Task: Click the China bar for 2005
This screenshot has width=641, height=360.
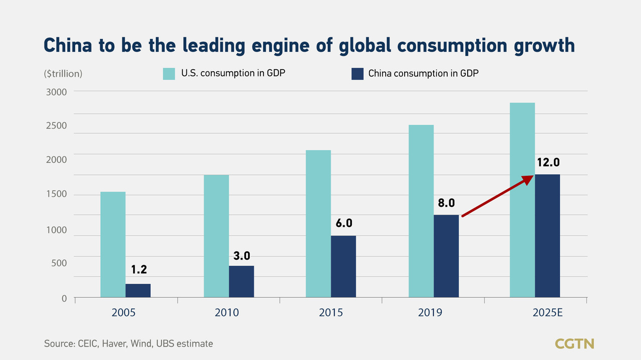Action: [138, 291]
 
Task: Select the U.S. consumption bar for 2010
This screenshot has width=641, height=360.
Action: [216, 236]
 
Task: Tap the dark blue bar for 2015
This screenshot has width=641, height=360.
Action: [344, 266]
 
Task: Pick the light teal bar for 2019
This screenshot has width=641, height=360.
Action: [421, 211]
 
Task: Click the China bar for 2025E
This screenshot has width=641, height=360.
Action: [547, 236]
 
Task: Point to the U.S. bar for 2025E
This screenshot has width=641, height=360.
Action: [522, 200]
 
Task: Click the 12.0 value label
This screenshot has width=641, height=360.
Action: [548, 162]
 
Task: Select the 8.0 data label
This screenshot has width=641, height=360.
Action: [446, 203]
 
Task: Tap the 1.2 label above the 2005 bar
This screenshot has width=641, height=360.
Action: [139, 270]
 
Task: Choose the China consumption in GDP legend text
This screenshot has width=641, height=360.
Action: [424, 74]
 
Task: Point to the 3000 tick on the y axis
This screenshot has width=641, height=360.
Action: [57, 92]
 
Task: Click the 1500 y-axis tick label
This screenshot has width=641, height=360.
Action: [57, 194]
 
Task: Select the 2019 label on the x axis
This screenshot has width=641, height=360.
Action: [431, 313]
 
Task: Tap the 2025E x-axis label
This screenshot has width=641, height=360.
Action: [548, 313]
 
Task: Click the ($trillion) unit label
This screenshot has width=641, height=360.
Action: [63, 74]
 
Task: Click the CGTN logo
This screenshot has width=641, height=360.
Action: [574, 343]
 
